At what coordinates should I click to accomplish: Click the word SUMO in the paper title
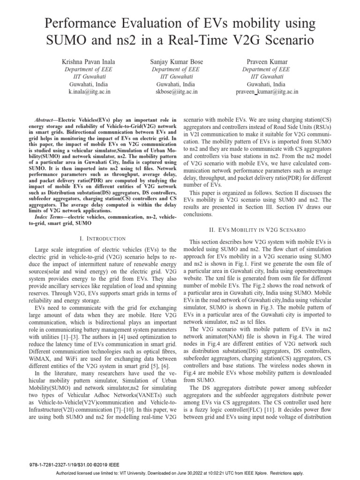tap(69, 40)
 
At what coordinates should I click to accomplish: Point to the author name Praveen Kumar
tap(267, 62)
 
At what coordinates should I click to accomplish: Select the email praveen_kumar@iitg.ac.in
tap(267, 92)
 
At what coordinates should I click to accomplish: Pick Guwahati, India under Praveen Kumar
tap(267, 84)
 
